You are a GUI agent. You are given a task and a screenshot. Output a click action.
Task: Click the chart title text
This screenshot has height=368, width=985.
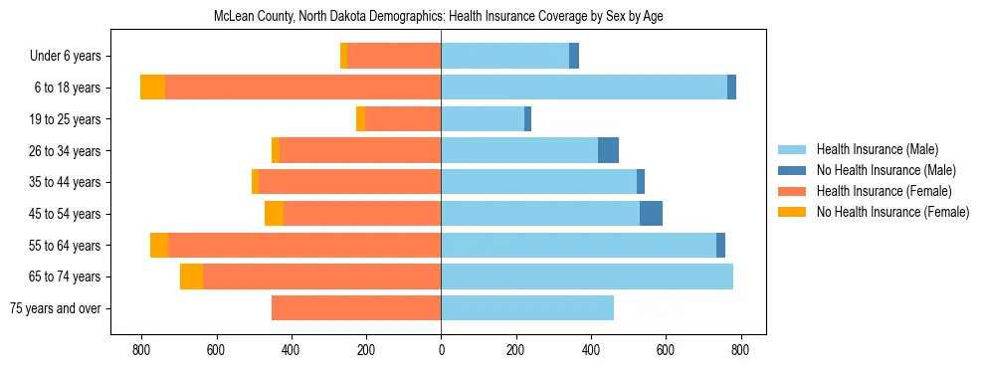click(439, 17)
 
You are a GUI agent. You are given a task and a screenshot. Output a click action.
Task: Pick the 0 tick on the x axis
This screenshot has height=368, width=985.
click(441, 350)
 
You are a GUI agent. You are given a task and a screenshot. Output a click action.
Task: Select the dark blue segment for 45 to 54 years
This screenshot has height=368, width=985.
click(651, 214)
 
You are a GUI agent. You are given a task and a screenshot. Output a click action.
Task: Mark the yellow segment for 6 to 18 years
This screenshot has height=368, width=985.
click(152, 88)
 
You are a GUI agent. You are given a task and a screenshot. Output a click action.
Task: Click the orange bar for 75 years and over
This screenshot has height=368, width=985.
click(356, 308)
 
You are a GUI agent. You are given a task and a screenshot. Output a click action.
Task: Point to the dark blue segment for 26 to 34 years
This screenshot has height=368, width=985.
click(608, 150)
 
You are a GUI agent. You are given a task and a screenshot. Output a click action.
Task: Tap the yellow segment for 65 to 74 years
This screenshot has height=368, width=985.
click(191, 276)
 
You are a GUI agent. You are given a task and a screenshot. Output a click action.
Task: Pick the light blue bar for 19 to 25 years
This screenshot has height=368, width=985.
click(483, 119)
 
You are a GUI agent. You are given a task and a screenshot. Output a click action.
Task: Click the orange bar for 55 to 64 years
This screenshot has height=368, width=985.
click(304, 245)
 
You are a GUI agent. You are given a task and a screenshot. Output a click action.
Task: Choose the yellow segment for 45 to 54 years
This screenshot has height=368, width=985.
click(274, 214)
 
